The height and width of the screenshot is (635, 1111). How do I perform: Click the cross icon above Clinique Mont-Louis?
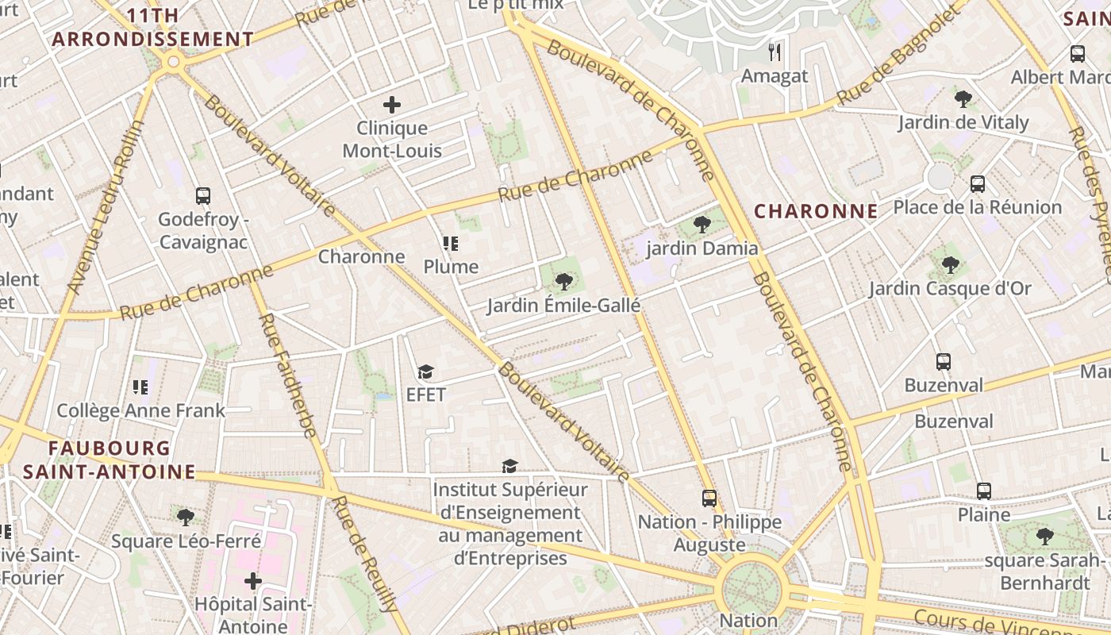[391, 105]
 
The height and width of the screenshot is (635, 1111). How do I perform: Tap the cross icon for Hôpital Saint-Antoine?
[253, 582]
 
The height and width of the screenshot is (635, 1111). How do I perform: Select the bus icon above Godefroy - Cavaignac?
[203, 195]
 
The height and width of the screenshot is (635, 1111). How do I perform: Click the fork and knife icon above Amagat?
[775, 52]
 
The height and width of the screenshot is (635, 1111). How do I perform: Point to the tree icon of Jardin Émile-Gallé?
[564, 281]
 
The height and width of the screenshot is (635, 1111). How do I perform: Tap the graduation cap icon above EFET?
[426, 371]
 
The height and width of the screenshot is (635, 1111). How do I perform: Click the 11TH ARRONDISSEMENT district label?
[152, 27]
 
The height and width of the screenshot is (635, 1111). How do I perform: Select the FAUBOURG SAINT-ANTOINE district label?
[110, 460]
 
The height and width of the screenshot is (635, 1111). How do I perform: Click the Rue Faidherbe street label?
[287, 376]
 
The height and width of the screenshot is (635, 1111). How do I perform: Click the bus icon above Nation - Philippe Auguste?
[709, 498]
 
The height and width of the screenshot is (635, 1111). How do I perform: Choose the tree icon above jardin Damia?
[702, 225]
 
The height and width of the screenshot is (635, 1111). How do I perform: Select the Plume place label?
[451, 267]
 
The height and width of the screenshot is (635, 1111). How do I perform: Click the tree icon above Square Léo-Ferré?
[186, 518]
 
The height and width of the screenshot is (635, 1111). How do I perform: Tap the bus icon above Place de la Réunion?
[978, 184]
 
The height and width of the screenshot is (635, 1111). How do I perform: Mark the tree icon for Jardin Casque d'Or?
[950, 265]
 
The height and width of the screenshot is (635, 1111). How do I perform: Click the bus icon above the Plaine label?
[984, 491]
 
